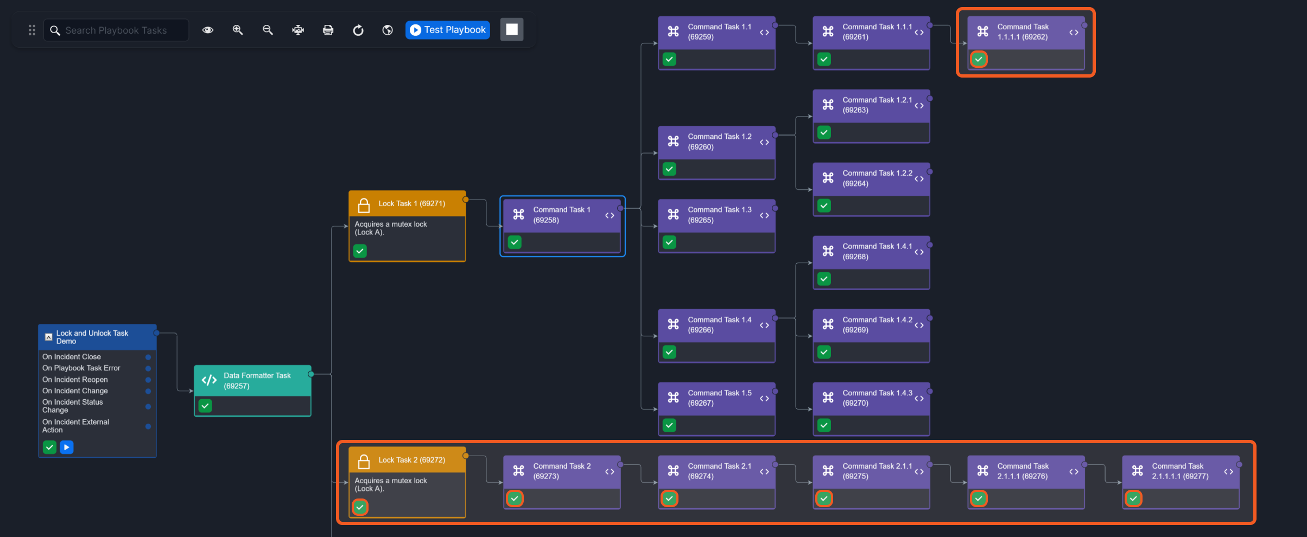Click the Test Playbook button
[448, 30]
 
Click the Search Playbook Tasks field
[116, 30]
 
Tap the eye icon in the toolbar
[208, 30]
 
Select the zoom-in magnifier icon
[238, 30]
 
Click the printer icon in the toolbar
[328, 30]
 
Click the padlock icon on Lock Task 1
[364, 205]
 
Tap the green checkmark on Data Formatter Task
[205, 406]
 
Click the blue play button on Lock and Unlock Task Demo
[66, 447]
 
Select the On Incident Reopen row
[75, 380]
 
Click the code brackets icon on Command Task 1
[610, 215]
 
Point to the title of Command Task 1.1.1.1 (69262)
[1023, 32]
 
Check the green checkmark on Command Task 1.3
[669, 242]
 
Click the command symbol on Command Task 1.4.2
[828, 324]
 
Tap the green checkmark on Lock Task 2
[360, 507]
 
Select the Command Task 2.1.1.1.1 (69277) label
[1180, 471]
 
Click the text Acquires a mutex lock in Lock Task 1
[391, 224]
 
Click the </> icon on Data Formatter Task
[209, 380]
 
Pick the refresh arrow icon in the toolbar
[358, 30]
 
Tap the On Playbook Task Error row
[81, 368]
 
